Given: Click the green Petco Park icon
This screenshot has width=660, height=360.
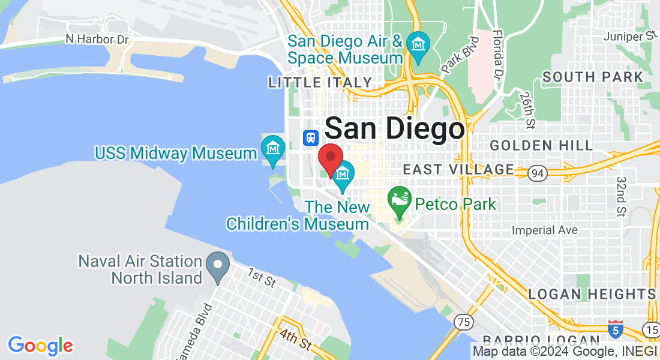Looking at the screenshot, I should [399, 200].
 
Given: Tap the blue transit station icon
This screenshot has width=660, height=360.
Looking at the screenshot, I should [310, 137].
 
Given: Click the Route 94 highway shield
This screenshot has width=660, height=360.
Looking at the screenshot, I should [537, 173].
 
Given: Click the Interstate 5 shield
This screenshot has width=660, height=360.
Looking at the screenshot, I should [615, 329].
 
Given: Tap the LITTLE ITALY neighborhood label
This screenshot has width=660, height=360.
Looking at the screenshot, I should [320, 82].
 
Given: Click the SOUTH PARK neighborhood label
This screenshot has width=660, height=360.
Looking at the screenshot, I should [593, 77].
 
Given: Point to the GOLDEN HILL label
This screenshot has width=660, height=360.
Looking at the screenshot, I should [541, 145].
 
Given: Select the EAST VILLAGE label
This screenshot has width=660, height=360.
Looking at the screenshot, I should [458, 170].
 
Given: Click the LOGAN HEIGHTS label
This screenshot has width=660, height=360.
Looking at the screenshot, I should [592, 294].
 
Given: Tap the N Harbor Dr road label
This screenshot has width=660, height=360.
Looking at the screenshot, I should [97, 39].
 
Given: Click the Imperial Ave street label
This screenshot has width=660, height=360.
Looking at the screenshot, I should [545, 230].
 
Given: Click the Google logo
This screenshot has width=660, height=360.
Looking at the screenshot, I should [40, 346].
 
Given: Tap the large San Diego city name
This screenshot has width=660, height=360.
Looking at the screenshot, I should [395, 130].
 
